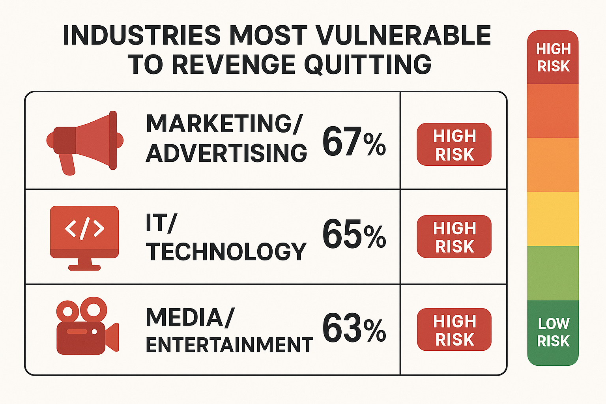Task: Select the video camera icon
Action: tap(87, 326)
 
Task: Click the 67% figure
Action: tap(354, 142)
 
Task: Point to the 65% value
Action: tap(354, 234)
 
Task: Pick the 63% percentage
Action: tap(354, 328)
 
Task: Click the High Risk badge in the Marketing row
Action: tap(454, 144)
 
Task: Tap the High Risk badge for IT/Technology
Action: tap(454, 237)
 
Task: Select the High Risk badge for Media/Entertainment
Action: tap(454, 330)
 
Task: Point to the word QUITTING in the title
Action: tap(368, 64)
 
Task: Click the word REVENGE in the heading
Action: tap(233, 64)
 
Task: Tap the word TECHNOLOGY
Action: tap(226, 252)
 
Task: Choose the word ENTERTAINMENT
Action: tap(230, 345)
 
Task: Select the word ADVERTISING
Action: tap(226, 153)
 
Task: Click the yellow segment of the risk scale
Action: tap(553, 219)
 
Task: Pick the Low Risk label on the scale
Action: tap(553, 332)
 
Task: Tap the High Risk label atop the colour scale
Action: tap(553, 58)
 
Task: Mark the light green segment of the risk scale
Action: tap(553, 273)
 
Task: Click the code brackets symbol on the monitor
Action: tap(84, 228)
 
